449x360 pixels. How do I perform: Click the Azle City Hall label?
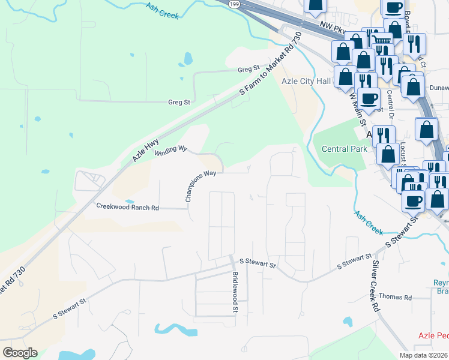point(306,81)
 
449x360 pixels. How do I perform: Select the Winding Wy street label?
point(171,150)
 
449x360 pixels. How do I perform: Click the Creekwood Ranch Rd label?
point(127,207)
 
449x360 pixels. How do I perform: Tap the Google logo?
point(19,353)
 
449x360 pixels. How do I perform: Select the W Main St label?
point(357,108)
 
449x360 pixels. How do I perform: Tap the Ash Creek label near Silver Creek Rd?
point(368,222)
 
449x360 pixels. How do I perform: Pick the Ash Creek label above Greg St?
point(162,10)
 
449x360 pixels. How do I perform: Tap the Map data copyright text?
point(424,355)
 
